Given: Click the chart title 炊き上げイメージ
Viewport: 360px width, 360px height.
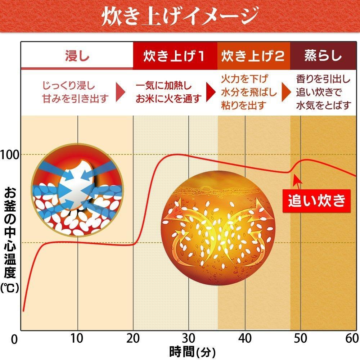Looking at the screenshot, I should coord(180,16).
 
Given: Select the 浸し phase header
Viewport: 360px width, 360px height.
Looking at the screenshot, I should coord(77,56).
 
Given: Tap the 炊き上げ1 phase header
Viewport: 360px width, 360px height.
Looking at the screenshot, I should coord(175,56).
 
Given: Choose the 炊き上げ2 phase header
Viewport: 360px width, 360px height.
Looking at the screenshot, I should coord(253,56).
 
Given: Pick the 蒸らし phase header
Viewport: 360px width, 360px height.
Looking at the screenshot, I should coord(323,56).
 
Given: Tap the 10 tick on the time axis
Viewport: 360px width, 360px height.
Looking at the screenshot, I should coord(77,338).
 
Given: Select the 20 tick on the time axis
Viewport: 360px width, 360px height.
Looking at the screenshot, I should coord(133,338).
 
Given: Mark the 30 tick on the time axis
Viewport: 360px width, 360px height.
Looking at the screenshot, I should coord(189,338).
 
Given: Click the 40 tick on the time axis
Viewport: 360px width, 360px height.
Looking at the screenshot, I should coord(245,338).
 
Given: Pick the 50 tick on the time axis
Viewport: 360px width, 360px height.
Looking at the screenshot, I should coord(301,338).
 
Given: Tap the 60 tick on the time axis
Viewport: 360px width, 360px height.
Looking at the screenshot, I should coord(352,338).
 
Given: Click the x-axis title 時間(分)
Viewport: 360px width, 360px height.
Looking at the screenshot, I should coord(193,350).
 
